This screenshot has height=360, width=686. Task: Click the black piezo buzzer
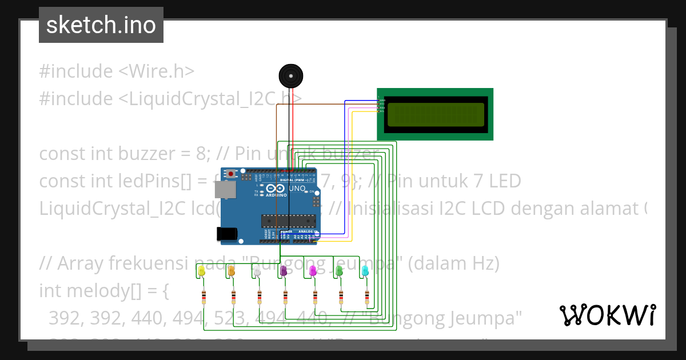pyautogui.click(x=290, y=75)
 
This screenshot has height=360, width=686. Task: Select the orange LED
pyautogui.click(x=232, y=271)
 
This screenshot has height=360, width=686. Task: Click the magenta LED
pyautogui.click(x=313, y=271)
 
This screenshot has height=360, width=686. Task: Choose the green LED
pyautogui.click(x=339, y=271)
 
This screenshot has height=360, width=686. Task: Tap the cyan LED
pyautogui.click(x=365, y=271)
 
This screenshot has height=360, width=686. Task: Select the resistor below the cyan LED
pyautogui.click(x=368, y=297)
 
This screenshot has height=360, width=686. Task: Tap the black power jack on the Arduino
pyautogui.click(x=227, y=233)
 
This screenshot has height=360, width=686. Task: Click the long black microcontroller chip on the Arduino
pyautogui.click(x=289, y=219)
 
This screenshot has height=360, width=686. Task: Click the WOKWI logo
pyautogui.click(x=607, y=315)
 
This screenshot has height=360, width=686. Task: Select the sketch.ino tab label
pyautogui.click(x=101, y=25)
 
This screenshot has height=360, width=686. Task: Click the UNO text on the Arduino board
pyautogui.click(x=297, y=188)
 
